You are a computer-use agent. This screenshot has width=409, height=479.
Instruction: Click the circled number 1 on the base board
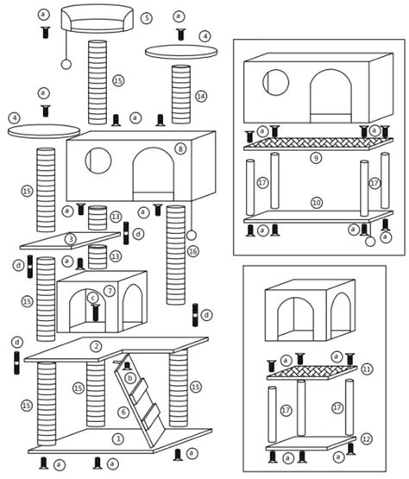(x=118, y=438)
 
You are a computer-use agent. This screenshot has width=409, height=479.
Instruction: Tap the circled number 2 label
(x=96, y=347)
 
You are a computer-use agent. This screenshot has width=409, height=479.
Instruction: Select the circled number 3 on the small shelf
(x=71, y=239)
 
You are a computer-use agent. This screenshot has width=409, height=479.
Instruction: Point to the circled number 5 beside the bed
(x=147, y=18)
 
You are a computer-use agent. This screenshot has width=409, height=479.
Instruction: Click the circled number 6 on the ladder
(x=123, y=413)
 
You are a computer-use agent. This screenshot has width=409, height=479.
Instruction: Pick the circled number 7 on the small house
(x=110, y=291)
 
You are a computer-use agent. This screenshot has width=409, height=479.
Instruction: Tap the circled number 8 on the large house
(x=180, y=148)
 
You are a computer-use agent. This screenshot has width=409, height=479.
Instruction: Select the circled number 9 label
(x=316, y=158)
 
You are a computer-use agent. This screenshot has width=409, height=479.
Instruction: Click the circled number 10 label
(x=317, y=202)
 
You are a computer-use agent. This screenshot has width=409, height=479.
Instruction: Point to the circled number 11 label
(x=367, y=369)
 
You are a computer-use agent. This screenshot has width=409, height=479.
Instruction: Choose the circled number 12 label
(x=367, y=439)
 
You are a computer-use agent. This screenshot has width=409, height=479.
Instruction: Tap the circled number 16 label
(x=193, y=251)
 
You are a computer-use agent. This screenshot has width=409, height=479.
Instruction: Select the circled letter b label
(x=129, y=377)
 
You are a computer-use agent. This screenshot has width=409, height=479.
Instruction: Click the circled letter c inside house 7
(x=93, y=298)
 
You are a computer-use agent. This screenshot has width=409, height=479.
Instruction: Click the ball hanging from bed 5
(x=66, y=64)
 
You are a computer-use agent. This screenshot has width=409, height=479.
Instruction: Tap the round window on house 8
(x=98, y=160)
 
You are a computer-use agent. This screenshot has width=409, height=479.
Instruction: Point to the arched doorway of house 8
(x=153, y=173)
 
